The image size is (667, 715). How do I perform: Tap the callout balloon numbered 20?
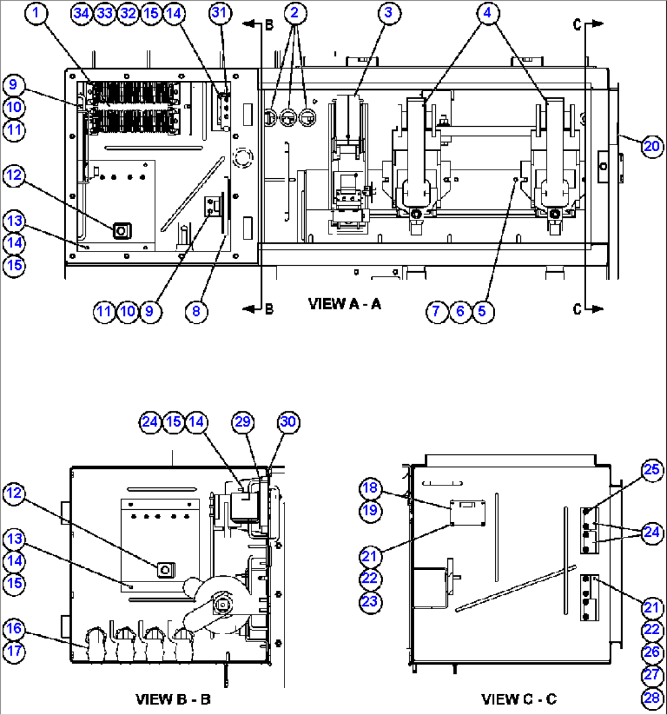coord(652,145)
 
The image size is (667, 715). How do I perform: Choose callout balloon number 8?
coord(196,311)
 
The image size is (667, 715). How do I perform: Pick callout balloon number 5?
coord(482,311)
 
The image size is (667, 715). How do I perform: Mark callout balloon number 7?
coord(436,311)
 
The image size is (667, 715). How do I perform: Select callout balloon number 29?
coord(242,422)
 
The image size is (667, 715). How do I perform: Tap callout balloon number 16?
coord(14,628)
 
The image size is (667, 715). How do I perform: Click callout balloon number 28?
coord(652,697)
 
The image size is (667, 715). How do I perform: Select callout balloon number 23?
coord(369,601)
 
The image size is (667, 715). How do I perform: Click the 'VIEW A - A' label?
coord(345,304)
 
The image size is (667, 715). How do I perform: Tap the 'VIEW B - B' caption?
coord(173,698)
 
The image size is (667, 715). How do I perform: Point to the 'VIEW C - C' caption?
coord(519,698)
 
